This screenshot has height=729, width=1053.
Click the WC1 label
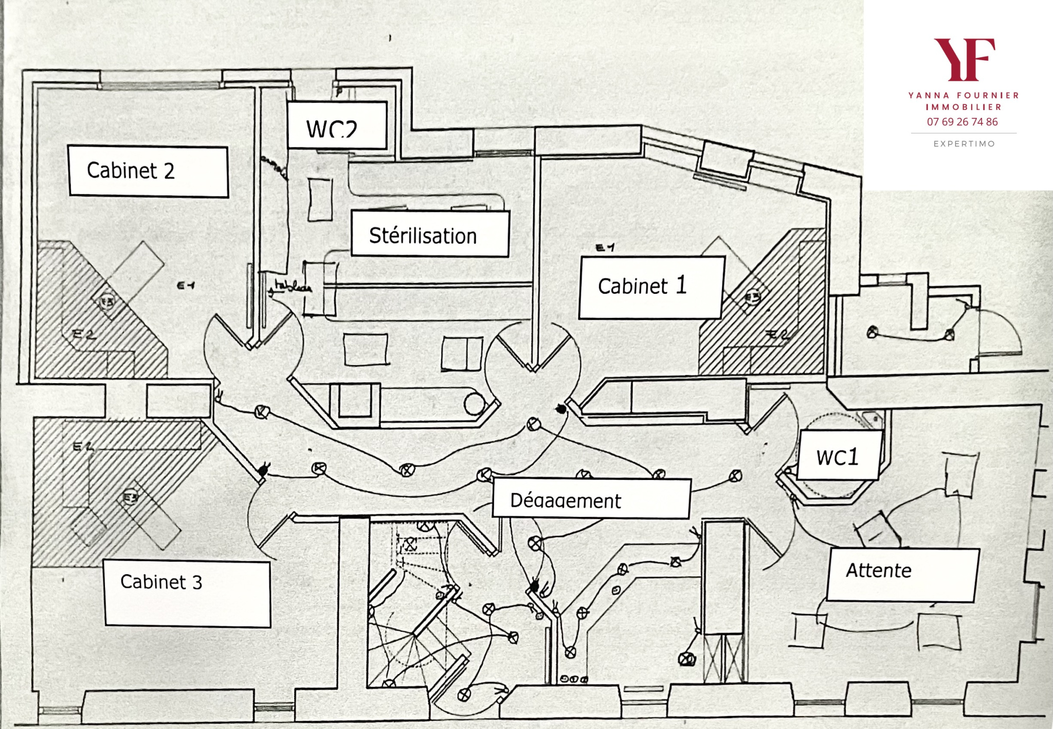[x=838, y=456]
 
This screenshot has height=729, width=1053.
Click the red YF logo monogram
[x=964, y=59]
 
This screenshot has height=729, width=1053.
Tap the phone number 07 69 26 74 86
[x=962, y=122]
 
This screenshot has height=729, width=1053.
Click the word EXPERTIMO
[x=964, y=144]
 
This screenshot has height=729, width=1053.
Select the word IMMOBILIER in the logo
[x=964, y=107]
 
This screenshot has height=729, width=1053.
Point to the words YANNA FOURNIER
[x=964, y=95]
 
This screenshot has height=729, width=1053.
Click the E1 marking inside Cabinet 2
[x=186, y=286]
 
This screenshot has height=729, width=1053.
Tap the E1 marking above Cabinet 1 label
[x=605, y=248]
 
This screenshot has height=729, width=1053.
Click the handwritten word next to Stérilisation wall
[x=292, y=287]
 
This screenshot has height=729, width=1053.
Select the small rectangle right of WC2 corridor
[x=320, y=200]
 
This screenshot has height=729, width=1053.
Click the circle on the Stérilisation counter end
[x=474, y=404]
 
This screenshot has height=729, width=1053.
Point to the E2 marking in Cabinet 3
[x=83, y=447]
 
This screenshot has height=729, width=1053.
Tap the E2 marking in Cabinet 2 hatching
[x=84, y=335]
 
